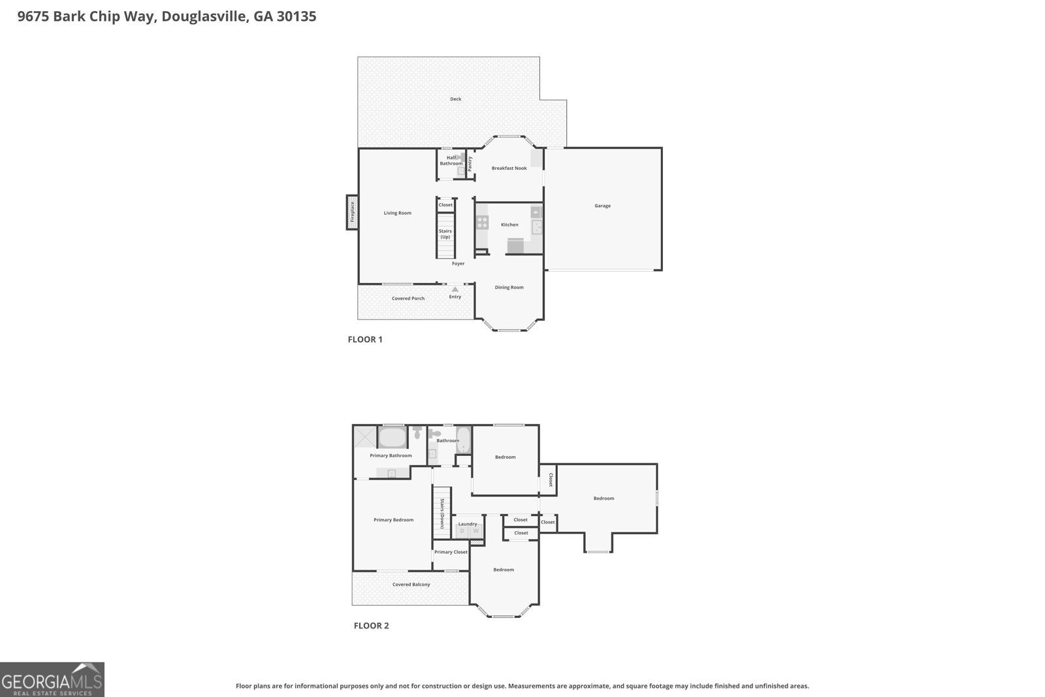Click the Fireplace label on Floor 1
(x=353, y=212)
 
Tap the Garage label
(x=602, y=206)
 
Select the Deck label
(x=455, y=99)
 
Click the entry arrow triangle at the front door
(x=455, y=289)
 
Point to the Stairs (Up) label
(x=445, y=234)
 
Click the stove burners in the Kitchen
(x=483, y=223)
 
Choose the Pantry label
(x=470, y=163)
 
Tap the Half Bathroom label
(x=451, y=161)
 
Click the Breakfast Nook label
(x=509, y=168)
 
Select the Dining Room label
(x=509, y=287)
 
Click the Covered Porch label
(x=408, y=298)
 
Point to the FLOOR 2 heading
(x=371, y=626)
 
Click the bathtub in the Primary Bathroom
(x=393, y=437)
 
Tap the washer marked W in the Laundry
(x=475, y=531)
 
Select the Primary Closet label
(x=451, y=552)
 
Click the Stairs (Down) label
(x=442, y=513)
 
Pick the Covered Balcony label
(x=411, y=584)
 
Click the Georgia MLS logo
(x=52, y=680)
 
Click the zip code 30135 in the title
(x=297, y=16)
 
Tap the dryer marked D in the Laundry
(x=462, y=531)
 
